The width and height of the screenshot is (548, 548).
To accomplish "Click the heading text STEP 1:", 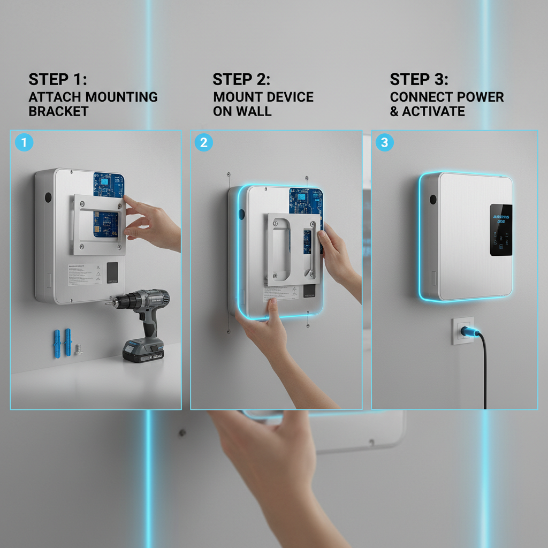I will click(57, 79).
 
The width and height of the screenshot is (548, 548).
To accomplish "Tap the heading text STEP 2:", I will click(241, 79).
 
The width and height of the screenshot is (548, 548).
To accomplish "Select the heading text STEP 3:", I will click(419, 79).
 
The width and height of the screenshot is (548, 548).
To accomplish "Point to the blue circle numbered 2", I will click(203, 143).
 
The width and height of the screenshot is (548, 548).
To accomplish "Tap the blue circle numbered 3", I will click(384, 143).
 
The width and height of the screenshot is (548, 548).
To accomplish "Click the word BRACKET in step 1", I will click(58, 111).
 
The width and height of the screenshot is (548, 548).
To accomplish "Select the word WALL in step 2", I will click(256, 111).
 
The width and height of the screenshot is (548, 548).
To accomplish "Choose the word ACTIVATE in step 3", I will click(433, 111).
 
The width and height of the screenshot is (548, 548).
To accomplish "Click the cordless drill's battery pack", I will click(143, 351).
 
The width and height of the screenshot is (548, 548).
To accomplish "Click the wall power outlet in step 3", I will click(462, 330).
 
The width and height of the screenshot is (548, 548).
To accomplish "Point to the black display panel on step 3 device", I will click(500, 229).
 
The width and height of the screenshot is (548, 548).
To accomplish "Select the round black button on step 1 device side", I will click(48, 197).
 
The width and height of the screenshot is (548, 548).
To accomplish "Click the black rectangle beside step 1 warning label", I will click(112, 272).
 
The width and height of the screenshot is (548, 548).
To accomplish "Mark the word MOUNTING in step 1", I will click(122, 97).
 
